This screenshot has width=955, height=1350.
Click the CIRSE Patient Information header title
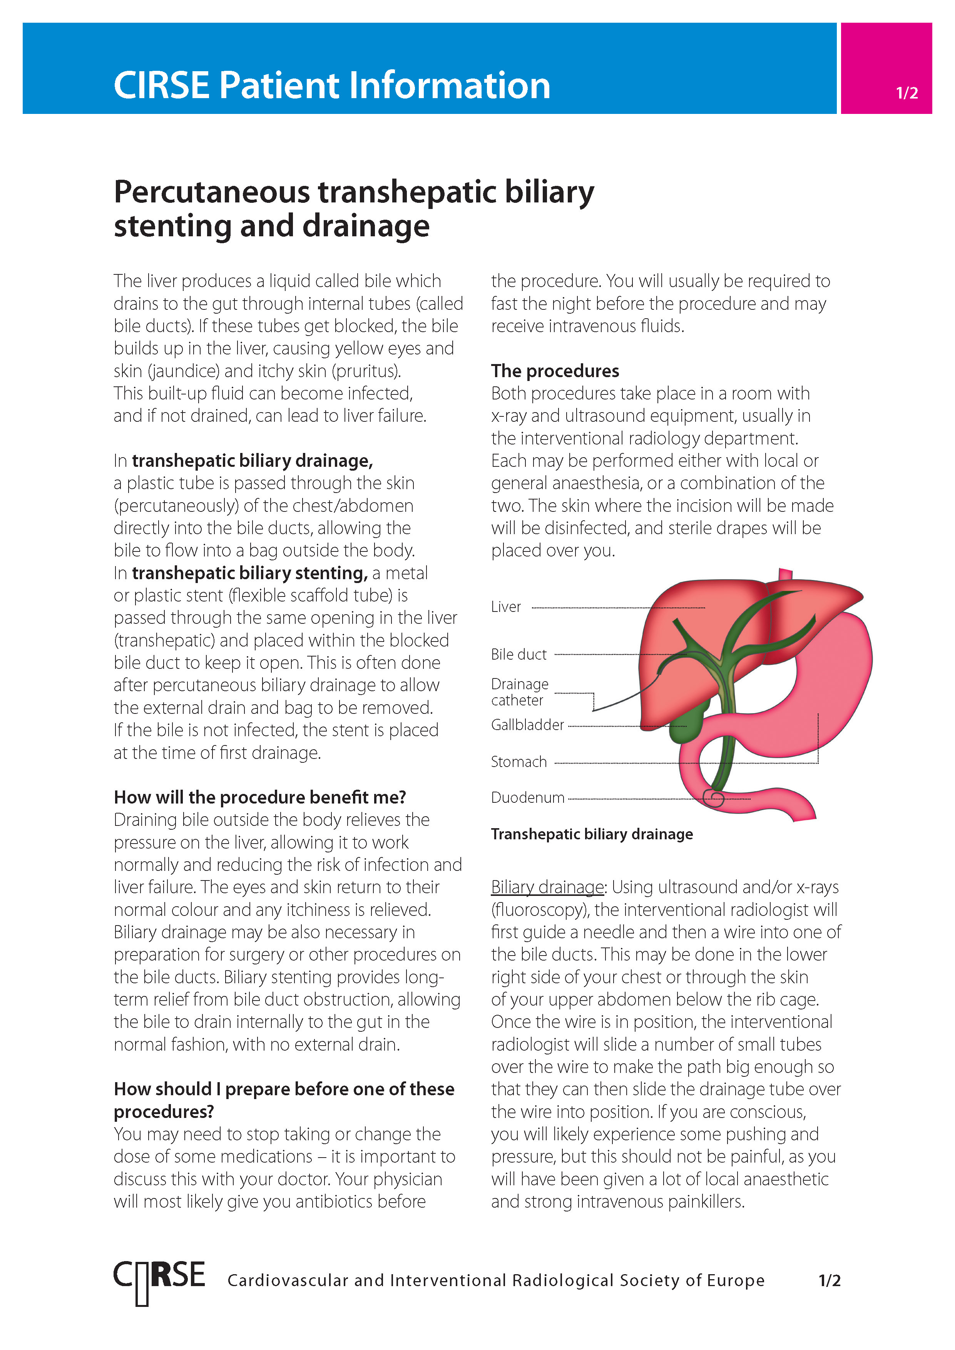pos(332,85)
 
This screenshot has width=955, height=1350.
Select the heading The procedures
pos(555,371)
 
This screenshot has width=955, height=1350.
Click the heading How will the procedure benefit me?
pos(259,797)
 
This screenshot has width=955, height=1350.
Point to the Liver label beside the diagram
pos(506,607)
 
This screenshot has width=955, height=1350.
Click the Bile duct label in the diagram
pos(518,655)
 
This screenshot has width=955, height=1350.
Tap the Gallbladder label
pos(527,725)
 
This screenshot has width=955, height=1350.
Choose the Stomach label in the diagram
pos(518,762)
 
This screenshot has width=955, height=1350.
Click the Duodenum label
pos(527,798)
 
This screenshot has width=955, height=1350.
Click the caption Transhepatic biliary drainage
pos(592,834)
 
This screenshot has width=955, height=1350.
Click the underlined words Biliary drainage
pos(547,887)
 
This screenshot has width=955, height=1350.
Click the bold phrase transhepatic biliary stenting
pos(249,573)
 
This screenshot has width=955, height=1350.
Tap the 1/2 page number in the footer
pos(829,1281)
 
